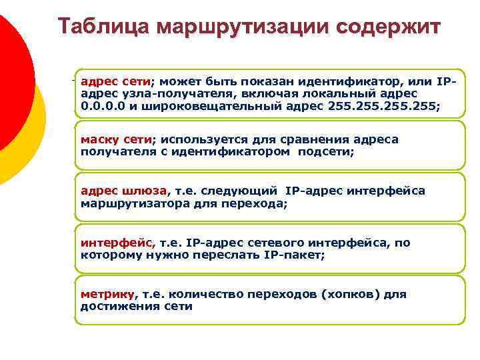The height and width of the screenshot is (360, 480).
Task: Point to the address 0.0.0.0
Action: click(x=103, y=105)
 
